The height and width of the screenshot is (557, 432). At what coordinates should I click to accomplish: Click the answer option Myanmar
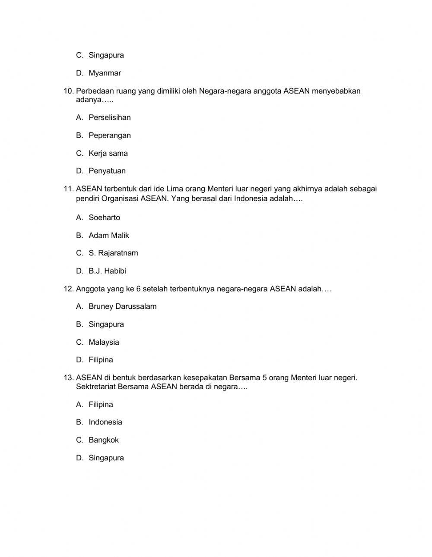pyautogui.click(x=105, y=73)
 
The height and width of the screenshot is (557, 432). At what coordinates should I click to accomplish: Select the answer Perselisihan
pyautogui.click(x=109, y=117)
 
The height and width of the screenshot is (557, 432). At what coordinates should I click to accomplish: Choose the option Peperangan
pyautogui.click(x=109, y=135)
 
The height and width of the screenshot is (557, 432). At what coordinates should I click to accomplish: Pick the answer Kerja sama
pyautogui.click(x=108, y=153)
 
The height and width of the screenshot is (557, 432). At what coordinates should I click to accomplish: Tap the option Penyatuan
pyautogui.click(x=107, y=171)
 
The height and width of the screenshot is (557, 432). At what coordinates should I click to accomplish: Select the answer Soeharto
pyautogui.click(x=104, y=217)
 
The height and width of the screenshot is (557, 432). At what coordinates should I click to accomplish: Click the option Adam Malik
pyautogui.click(x=109, y=236)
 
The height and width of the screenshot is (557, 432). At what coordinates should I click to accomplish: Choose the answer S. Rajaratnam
pyautogui.click(x=113, y=253)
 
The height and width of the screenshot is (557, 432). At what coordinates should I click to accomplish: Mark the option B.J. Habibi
pyautogui.click(x=107, y=271)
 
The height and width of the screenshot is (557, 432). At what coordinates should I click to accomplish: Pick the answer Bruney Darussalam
pyautogui.click(x=122, y=306)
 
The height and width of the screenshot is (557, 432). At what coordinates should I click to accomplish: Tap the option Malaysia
pyautogui.click(x=104, y=342)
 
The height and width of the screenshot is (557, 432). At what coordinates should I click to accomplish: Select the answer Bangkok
pyautogui.click(x=103, y=440)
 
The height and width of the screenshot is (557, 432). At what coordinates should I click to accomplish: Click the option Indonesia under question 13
pyautogui.click(x=105, y=422)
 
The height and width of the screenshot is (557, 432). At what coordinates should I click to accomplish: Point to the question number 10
pyautogui.click(x=69, y=91)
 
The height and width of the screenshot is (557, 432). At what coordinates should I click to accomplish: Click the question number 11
pyautogui.click(x=69, y=189)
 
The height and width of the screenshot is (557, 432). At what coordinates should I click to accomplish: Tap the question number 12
pyautogui.click(x=69, y=289)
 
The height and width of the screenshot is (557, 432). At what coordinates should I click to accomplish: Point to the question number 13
pyautogui.click(x=69, y=378)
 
